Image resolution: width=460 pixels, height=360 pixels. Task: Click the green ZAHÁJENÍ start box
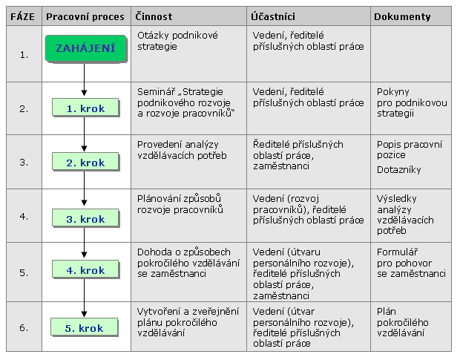coord(86,48)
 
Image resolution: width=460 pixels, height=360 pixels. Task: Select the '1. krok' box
coord(85,108)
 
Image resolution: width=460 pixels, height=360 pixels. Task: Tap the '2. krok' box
coord(85,162)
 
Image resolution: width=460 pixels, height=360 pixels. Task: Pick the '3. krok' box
coord(85,218)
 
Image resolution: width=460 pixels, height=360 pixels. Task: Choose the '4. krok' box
coord(85,269)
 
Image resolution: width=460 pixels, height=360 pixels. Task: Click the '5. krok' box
coord(85,327)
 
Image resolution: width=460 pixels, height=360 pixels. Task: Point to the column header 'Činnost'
coord(154,17)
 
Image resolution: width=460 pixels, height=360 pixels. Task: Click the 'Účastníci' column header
coord(273,17)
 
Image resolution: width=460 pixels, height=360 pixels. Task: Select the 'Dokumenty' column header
coord(402,17)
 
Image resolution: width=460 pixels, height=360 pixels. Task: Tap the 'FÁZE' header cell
coord(22,17)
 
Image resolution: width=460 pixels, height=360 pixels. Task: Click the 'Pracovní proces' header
coord(85,17)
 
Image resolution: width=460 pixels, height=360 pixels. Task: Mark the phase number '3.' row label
coord(24,163)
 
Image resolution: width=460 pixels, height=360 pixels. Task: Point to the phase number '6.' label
coord(24,328)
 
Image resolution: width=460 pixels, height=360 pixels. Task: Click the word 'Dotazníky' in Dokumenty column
coord(399,169)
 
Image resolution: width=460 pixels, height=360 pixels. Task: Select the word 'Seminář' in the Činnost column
coord(157,91)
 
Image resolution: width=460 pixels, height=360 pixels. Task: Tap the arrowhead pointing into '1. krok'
coord(84,93)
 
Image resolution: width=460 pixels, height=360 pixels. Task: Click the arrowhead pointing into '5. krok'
coord(84,314)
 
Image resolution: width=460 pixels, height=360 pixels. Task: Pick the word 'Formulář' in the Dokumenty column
coord(397,252)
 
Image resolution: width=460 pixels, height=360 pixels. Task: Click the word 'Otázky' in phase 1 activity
coord(153,36)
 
